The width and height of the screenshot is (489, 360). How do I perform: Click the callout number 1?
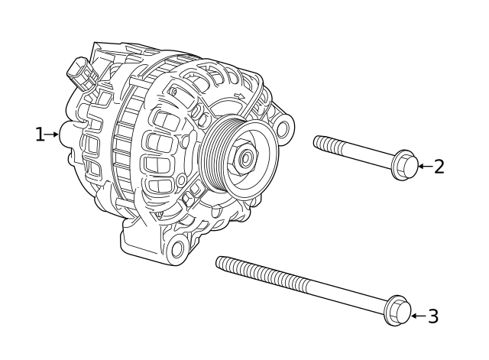point(40,135)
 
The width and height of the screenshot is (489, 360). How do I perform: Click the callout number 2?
point(439,166)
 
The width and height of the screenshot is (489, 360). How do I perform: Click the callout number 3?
point(432,315)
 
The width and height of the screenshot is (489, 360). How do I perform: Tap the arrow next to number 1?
point(53,135)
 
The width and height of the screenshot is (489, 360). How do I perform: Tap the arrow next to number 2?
point(425,166)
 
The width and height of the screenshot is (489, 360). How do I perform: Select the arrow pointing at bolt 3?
point(417,315)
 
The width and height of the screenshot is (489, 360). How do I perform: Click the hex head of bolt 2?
point(406,166)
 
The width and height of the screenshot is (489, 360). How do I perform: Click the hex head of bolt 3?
point(397,310)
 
